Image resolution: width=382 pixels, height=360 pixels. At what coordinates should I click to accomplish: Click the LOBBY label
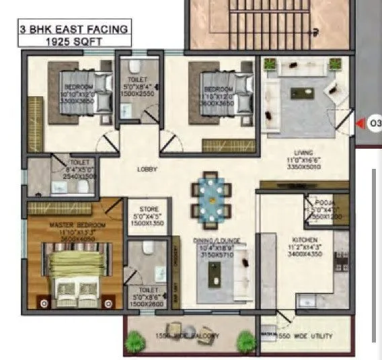click(147, 170)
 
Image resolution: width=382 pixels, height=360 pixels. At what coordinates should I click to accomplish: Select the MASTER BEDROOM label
click(67, 223)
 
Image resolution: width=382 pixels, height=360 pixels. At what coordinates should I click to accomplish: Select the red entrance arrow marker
click(360, 123)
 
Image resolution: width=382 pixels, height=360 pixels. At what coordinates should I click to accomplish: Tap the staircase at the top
click(269, 24)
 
